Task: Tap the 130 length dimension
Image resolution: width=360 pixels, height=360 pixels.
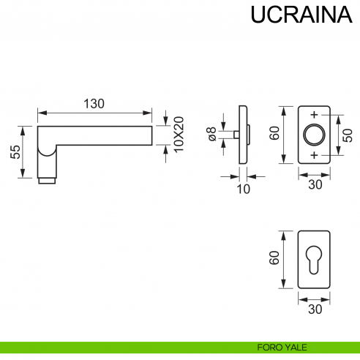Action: (x=93, y=103)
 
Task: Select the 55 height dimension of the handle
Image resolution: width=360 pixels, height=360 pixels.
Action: (x=15, y=152)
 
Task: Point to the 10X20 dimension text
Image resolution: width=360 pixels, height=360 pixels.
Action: (x=177, y=135)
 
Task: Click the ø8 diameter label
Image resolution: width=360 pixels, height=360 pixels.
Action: (x=211, y=135)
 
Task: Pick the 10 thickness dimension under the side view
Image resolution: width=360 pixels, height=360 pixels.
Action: (x=244, y=190)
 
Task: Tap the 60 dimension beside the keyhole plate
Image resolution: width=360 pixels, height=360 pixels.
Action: (x=274, y=258)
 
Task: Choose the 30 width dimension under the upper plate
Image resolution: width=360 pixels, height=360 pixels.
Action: (x=315, y=185)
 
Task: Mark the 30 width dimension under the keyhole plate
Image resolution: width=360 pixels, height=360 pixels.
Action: (x=315, y=309)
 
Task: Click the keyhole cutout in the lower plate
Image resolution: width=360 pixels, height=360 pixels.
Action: (x=315, y=260)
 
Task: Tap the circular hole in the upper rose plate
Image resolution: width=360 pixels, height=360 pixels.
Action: (x=315, y=135)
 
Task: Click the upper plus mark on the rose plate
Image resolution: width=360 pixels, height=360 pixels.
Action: (x=315, y=115)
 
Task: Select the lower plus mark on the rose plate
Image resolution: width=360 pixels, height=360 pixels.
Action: (x=315, y=157)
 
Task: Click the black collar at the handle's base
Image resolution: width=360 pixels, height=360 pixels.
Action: (x=47, y=179)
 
